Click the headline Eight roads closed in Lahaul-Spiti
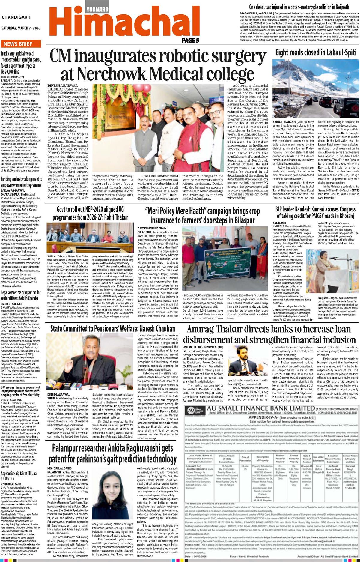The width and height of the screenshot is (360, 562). click(x=316, y=52)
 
